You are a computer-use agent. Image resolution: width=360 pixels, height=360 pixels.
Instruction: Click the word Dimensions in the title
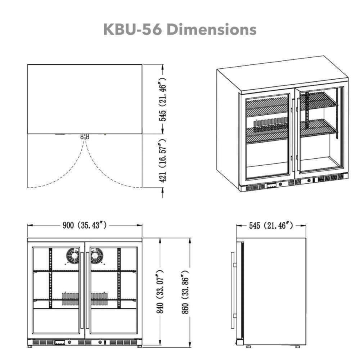(212, 30)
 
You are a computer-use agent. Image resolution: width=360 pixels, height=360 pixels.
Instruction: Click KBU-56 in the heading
(133, 30)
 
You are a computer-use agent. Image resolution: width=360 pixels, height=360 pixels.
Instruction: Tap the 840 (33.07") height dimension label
(161, 291)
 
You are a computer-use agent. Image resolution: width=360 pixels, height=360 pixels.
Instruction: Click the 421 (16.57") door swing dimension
(162, 161)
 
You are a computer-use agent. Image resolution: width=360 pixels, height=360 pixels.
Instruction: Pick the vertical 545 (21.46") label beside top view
(162, 99)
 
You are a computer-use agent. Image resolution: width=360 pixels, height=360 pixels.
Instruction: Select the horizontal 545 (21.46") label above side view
(271, 226)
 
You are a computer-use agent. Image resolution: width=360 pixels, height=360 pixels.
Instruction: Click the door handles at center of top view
(85, 136)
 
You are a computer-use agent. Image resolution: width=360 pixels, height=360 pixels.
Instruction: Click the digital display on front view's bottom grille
(59, 342)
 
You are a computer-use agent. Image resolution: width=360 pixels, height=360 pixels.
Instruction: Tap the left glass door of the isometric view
(267, 137)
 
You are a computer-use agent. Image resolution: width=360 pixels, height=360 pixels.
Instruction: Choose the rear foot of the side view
(297, 347)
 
